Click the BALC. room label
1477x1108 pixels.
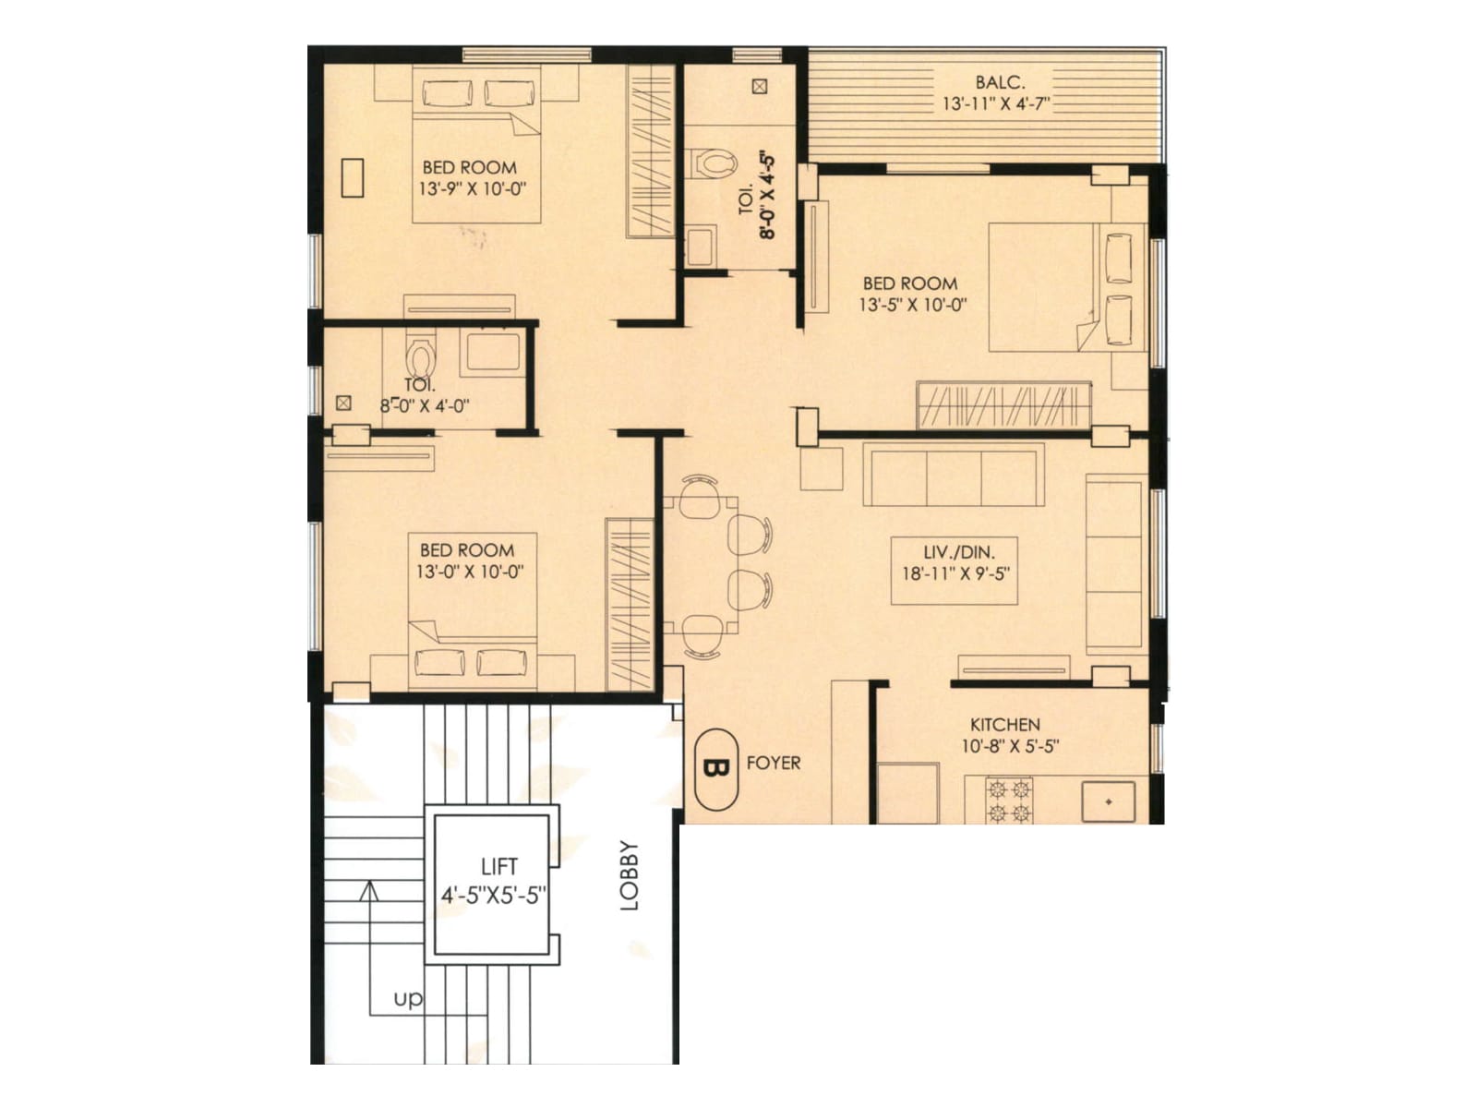pos(999,82)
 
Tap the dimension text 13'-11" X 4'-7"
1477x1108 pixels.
pos(996,103)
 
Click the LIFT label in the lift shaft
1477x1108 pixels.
pos(498,866)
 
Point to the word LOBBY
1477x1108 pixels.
pos(630,875)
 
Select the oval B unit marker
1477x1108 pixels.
pos(715,769)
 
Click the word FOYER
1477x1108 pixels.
pos(774,763)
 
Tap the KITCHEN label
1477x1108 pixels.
pos(1004,725)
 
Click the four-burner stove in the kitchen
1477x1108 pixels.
pos(1008,801)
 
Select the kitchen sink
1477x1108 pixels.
pos(1108,801)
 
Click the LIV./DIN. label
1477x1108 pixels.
pos(959,552)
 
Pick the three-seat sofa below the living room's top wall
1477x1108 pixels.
pos(954,475)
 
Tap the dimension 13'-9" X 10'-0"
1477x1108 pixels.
pos(472,189)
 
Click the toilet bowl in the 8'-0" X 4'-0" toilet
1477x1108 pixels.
pos(420,358)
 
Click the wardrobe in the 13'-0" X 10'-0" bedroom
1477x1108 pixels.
pos(630,605)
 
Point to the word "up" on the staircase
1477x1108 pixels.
pos(408,999)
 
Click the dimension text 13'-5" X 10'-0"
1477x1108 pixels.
pos(912,305)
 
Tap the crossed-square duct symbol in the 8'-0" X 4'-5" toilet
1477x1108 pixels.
pos(759,87)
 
